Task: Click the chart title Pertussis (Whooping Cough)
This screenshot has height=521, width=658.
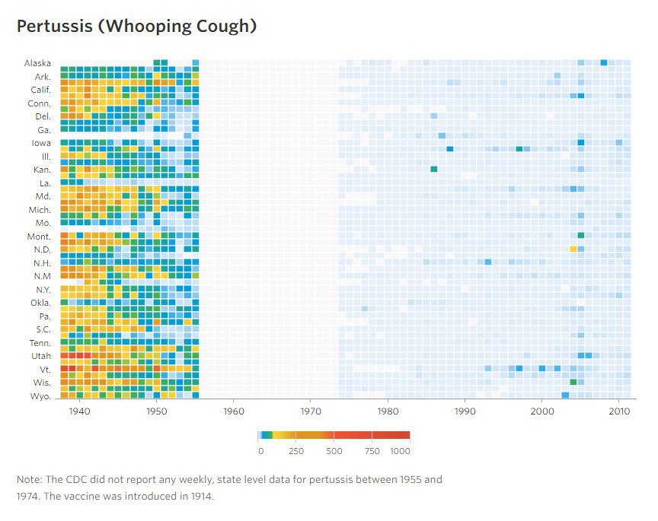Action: [x=136, y=26]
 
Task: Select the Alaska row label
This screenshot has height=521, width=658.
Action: [x=37, y=63]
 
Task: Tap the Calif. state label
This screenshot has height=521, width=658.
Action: [x=40, y=90]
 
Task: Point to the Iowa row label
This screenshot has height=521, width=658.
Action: [x=41, y=143]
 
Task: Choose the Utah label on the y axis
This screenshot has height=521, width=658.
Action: [x=40, y=356]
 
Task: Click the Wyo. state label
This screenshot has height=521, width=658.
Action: [x=40, y=396]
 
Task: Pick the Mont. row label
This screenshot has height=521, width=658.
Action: [x=39, y=237]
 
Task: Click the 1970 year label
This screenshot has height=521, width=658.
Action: [x=310, y=411]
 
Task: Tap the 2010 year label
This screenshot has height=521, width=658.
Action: [x=618, y=411]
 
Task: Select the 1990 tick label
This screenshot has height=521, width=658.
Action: [x=464, y=411]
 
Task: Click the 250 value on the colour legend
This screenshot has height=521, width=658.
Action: [x=296, y=451]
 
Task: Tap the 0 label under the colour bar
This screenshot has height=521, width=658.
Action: [x=260, y=451]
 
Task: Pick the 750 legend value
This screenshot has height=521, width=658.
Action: [x=371, y=451]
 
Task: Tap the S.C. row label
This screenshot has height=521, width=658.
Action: [x=43, y=329]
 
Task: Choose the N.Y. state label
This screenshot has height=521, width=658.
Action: [x=42, y=290]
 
